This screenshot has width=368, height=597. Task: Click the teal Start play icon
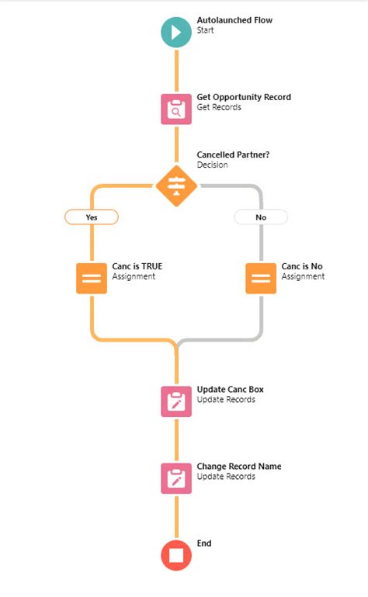pyautogui.click(x=176, y=33)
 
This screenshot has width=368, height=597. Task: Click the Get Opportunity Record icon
pyautogui.click(x=176, y=109)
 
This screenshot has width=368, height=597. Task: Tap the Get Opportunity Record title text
pyautogui.click(x=244, y=97)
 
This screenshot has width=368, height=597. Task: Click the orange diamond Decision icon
pyautogui.click(x=176, y=186)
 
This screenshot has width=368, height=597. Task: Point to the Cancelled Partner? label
pyautogui.click(x=233, y=154)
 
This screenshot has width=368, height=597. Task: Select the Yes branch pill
pyautogui.click(x=92, y=217)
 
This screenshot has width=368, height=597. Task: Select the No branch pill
pyautogui.click(x=261, y=217)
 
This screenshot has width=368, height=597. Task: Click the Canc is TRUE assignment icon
pyautogui.click(x=92, y=278)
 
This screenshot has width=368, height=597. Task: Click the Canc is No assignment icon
pyautogui.click(x=261, y=278)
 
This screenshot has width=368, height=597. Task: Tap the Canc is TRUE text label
pyautogui.click(x=137, y=266)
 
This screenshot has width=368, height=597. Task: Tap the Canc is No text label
pyautogui.click(x=302, y=266)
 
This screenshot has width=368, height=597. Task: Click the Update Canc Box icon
pyautogui.click(x=176, y=401)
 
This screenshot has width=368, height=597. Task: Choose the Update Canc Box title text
pyautogui.click(x=235, y=389)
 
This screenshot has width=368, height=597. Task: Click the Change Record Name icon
pyautogui.click(x=176, y=478)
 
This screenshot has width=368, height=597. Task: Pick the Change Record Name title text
pyautogui.click(x=239, y=467)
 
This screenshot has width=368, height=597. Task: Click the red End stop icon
pyautogui.click(x=176, y=555)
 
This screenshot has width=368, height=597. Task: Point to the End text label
pyautogui.click(x=204, y=543)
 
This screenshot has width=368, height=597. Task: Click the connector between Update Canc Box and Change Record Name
pyautogui.click(x=176, y=440)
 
